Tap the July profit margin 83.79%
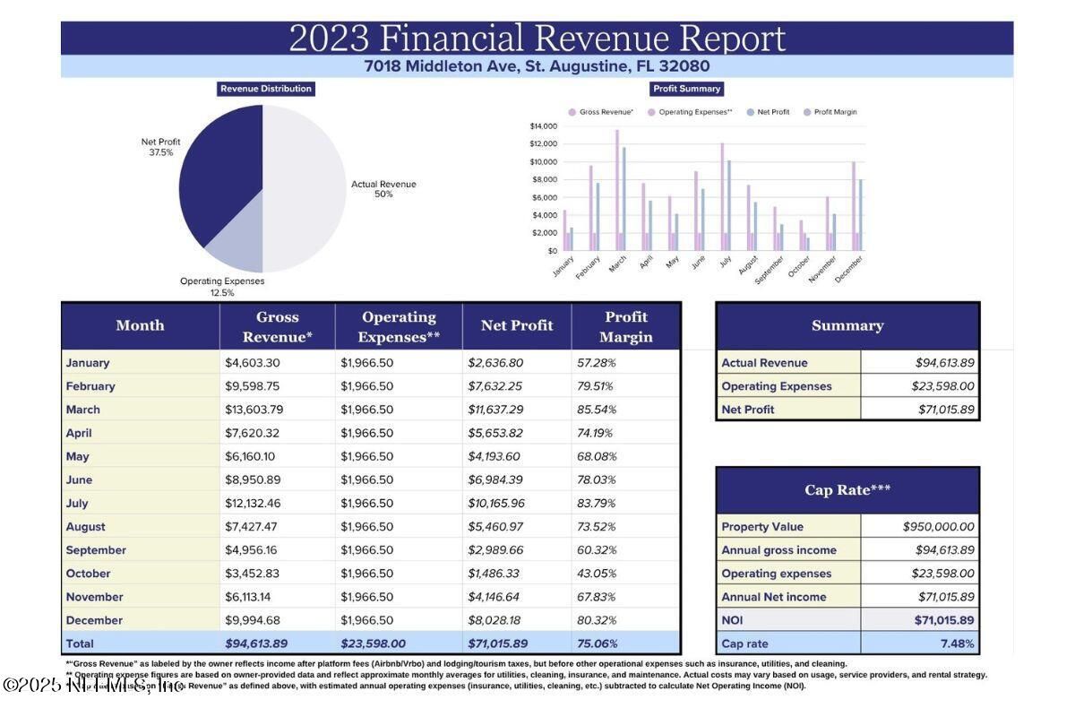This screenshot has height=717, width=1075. coord(597,504)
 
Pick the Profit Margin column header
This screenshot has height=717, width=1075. coord(626,327)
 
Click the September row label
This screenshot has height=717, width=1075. coord(96,550)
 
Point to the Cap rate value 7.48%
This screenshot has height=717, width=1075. coord(957,644)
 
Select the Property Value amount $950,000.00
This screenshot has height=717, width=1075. coord(938,527)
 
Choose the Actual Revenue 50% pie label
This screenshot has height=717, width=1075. coord(383,189)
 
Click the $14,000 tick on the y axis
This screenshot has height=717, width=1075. coord(543,126)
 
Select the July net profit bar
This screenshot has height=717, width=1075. coord(729,205)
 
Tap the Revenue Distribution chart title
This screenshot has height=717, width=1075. coord(266,89)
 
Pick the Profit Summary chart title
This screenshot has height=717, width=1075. coord(687,89)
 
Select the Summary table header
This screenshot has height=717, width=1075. coord(847,326)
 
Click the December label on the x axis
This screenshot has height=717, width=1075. coord(848,269)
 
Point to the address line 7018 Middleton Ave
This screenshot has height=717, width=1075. coord(537,66)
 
